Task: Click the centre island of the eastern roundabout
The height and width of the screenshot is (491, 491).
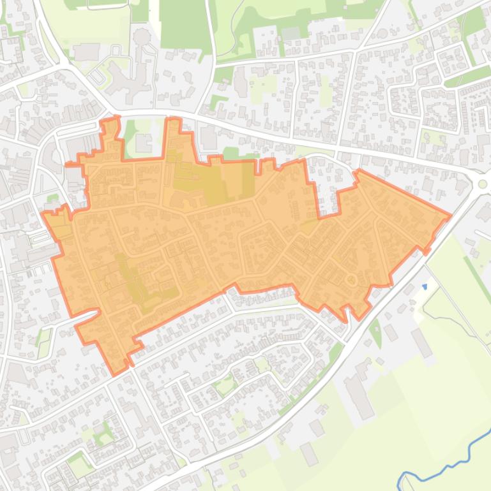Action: [x=483, y=184]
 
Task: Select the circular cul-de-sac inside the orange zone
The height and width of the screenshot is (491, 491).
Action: [x=350, y=279]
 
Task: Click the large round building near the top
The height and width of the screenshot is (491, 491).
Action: [x=142, y=36]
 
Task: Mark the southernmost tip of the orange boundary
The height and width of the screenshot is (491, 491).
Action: [x=116, y=374]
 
